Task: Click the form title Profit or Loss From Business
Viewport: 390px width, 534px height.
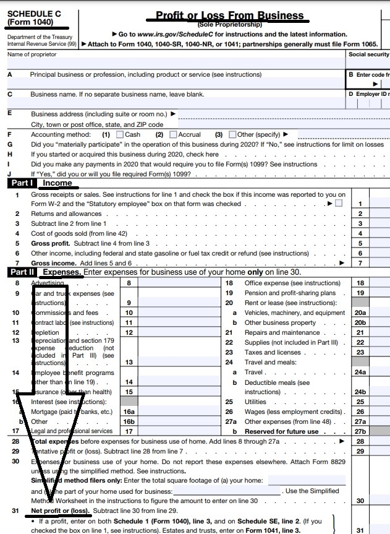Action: [229, 15]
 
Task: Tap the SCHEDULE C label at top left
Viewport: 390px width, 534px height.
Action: [30, 14]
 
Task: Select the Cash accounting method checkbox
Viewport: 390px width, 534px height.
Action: [120, 134]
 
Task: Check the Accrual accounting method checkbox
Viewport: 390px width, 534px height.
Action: [174, 134]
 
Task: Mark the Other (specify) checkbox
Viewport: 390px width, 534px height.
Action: [232, 134]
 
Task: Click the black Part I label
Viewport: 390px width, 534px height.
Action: [22, 183]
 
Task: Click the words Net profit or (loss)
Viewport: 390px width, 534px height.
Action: [61, 510]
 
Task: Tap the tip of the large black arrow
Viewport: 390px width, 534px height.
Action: [49, 502]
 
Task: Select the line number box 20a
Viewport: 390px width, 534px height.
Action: [360, 313]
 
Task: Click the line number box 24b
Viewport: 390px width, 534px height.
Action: [360, 392]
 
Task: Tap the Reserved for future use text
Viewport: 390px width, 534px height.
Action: [282, 431]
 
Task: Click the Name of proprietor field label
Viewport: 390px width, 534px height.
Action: [32, 55]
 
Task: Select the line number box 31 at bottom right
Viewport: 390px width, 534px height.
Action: [360, 530]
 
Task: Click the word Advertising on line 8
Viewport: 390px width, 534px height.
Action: [49, 283]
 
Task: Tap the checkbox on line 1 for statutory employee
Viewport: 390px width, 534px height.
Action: [338, 204]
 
